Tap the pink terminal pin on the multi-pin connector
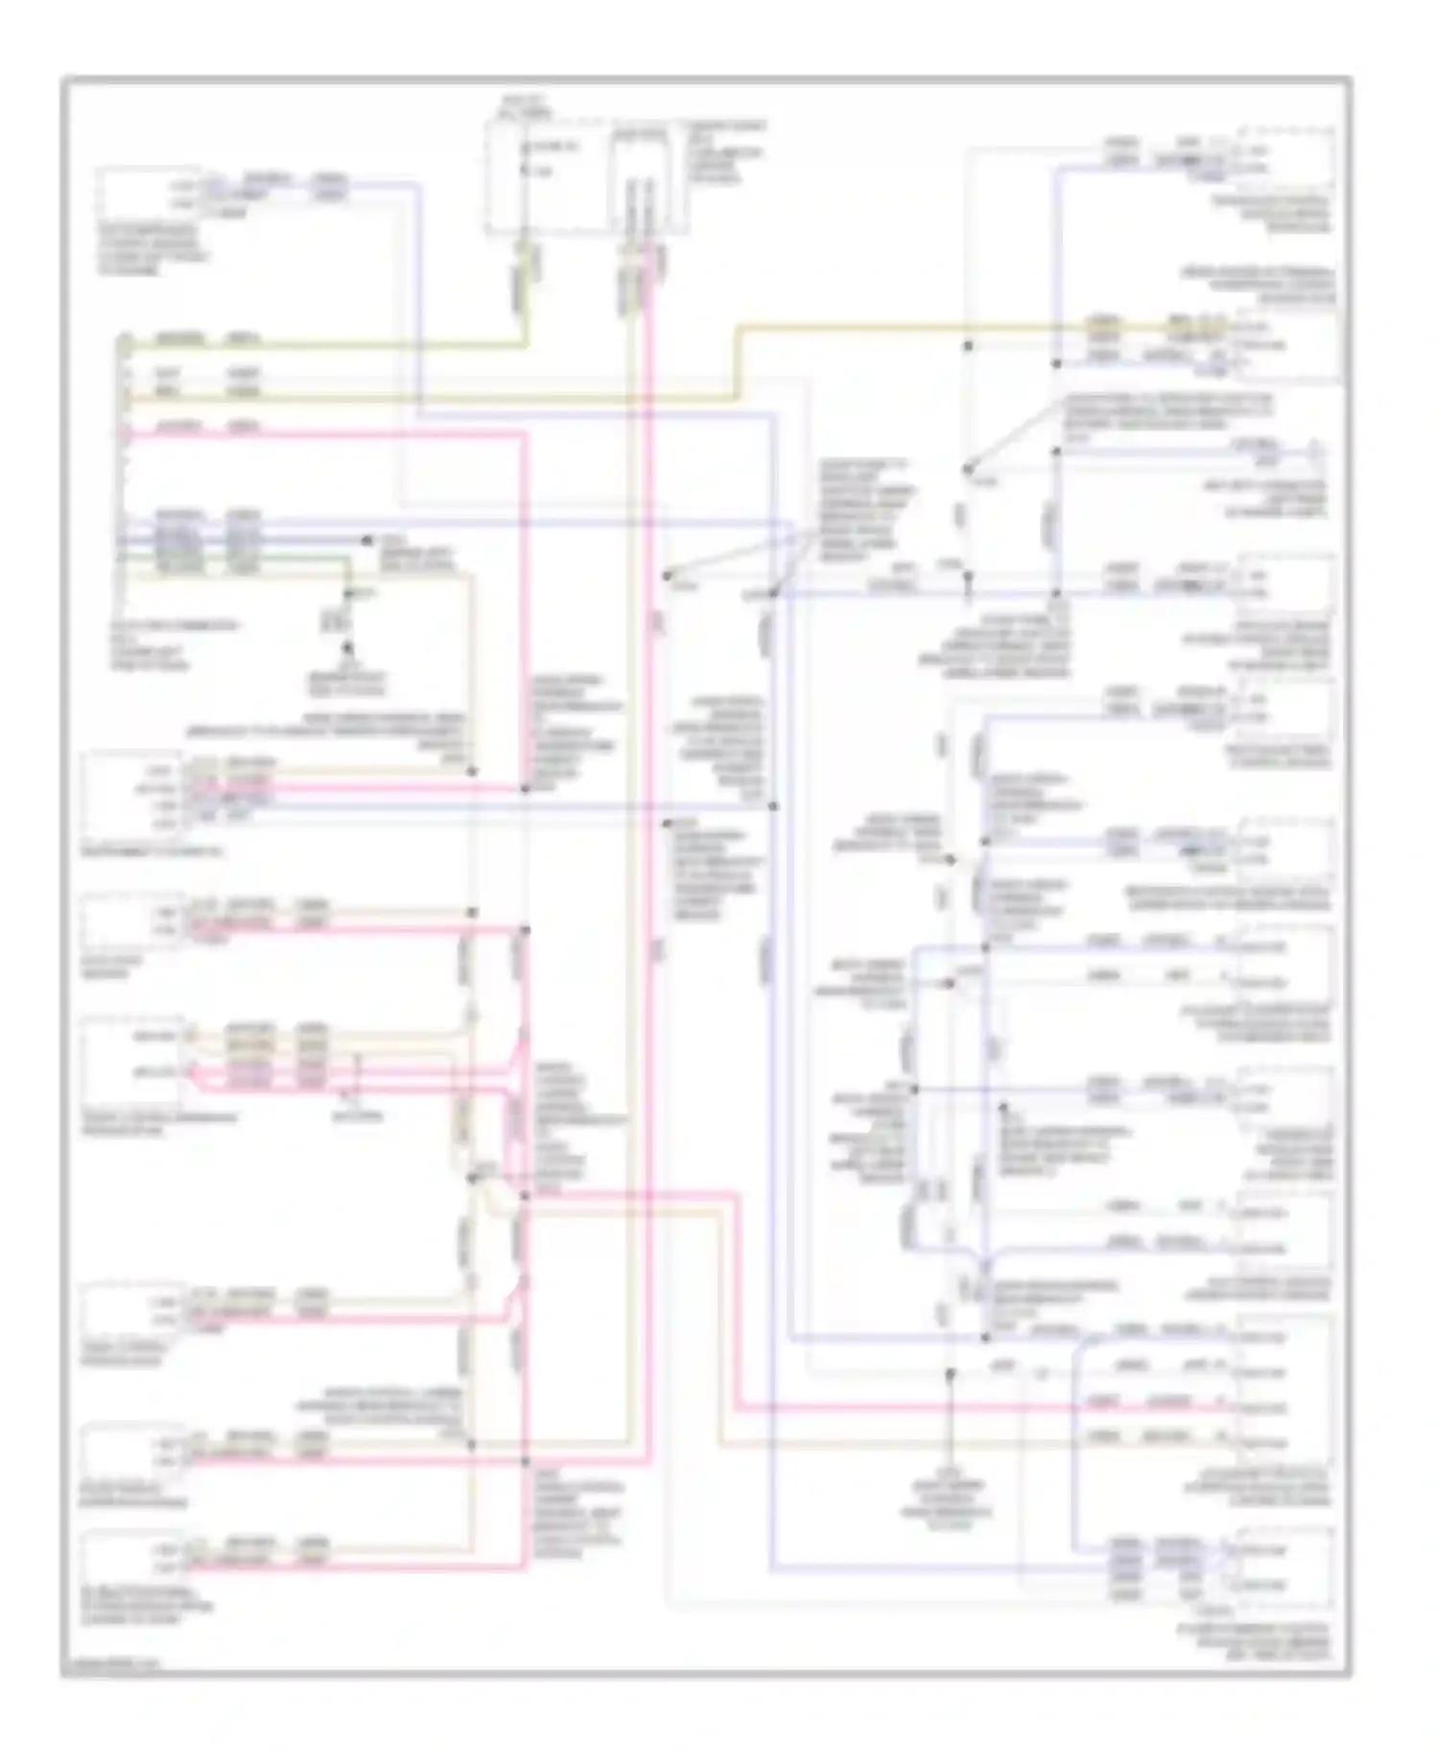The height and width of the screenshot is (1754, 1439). [126, 433]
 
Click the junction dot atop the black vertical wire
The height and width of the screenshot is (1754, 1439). [950, 1374]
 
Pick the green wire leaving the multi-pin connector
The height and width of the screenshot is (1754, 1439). [240, 557]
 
